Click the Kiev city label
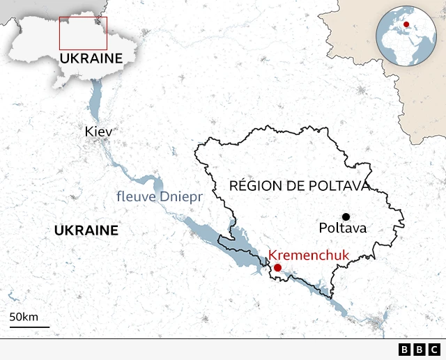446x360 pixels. pos(98,132)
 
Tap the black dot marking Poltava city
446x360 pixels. pos(346,217)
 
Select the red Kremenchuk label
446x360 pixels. pos(309,255)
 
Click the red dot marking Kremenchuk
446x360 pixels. pos(277,267)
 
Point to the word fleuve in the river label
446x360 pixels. pos(136,197)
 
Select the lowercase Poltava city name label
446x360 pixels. pos(342,228)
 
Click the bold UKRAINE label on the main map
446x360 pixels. pos(86,230)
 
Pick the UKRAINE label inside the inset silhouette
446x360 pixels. pos(91,58)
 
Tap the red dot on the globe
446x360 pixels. pos(406,25)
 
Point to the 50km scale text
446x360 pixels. pos(24,318)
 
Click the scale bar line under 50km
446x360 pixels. pos(29,327)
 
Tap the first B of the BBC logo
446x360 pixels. pos(405,350)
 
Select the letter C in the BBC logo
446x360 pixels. pos(433,350)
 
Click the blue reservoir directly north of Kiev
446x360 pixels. pos(95,101)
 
